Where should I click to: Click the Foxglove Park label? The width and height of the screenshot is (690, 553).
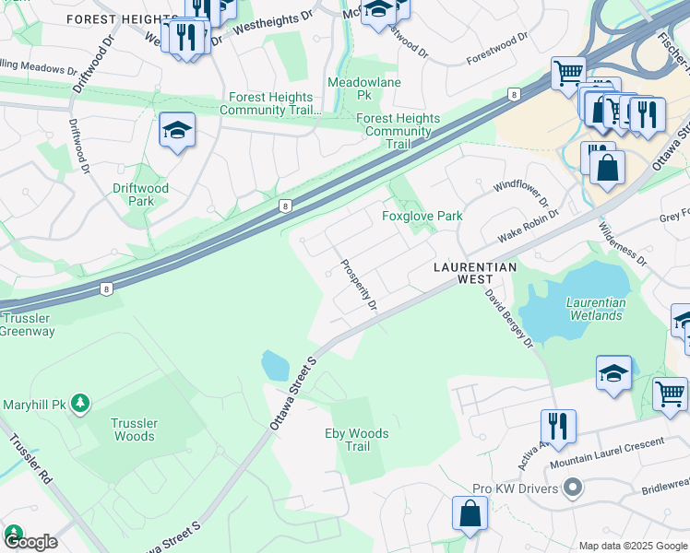click(x=422, y=216)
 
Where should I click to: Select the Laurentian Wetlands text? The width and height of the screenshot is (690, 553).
click(x=595, y=309)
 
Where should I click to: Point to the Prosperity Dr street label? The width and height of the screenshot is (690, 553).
click(x=359, y=284)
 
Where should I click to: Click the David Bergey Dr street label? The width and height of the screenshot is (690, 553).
click(x=510, y=318)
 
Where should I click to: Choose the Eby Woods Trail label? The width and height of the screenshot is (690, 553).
click(x=357, y=440)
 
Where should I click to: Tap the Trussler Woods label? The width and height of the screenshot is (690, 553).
click(x=135, y=429)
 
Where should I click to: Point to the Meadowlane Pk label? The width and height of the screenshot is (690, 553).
click(x=350, y=88)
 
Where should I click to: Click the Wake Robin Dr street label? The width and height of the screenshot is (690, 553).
click(x=529, y=225)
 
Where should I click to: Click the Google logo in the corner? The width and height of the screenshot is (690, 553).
click(x=30, y=541)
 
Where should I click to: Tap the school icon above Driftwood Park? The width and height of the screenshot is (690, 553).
click(x=176, y=131)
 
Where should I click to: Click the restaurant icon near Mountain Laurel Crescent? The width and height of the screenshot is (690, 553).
click(x=558, y=426)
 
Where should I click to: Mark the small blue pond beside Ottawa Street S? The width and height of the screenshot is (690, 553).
click(x=275, y=366)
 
